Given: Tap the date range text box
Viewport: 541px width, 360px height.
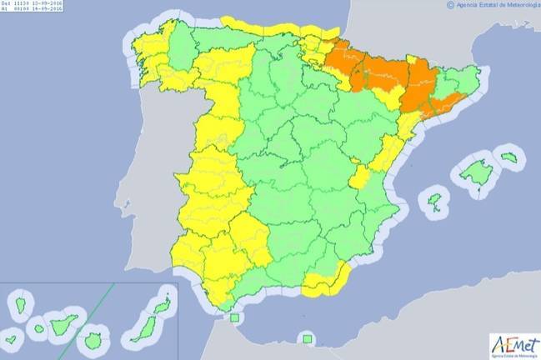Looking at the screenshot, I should click(x=33, y=7).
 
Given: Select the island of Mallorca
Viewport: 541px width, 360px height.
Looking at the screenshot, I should click(x=476, y=172).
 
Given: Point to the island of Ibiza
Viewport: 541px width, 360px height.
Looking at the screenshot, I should click(x=434, y=201).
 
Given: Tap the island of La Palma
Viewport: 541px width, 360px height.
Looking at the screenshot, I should click(x=21, y=306).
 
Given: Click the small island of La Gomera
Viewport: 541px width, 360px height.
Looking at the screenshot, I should click(x=39, y=327).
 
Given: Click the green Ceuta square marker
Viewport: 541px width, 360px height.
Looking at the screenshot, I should click(x=234, y=317).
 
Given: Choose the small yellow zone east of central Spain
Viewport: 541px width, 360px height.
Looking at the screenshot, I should click(x=359, y=177).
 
